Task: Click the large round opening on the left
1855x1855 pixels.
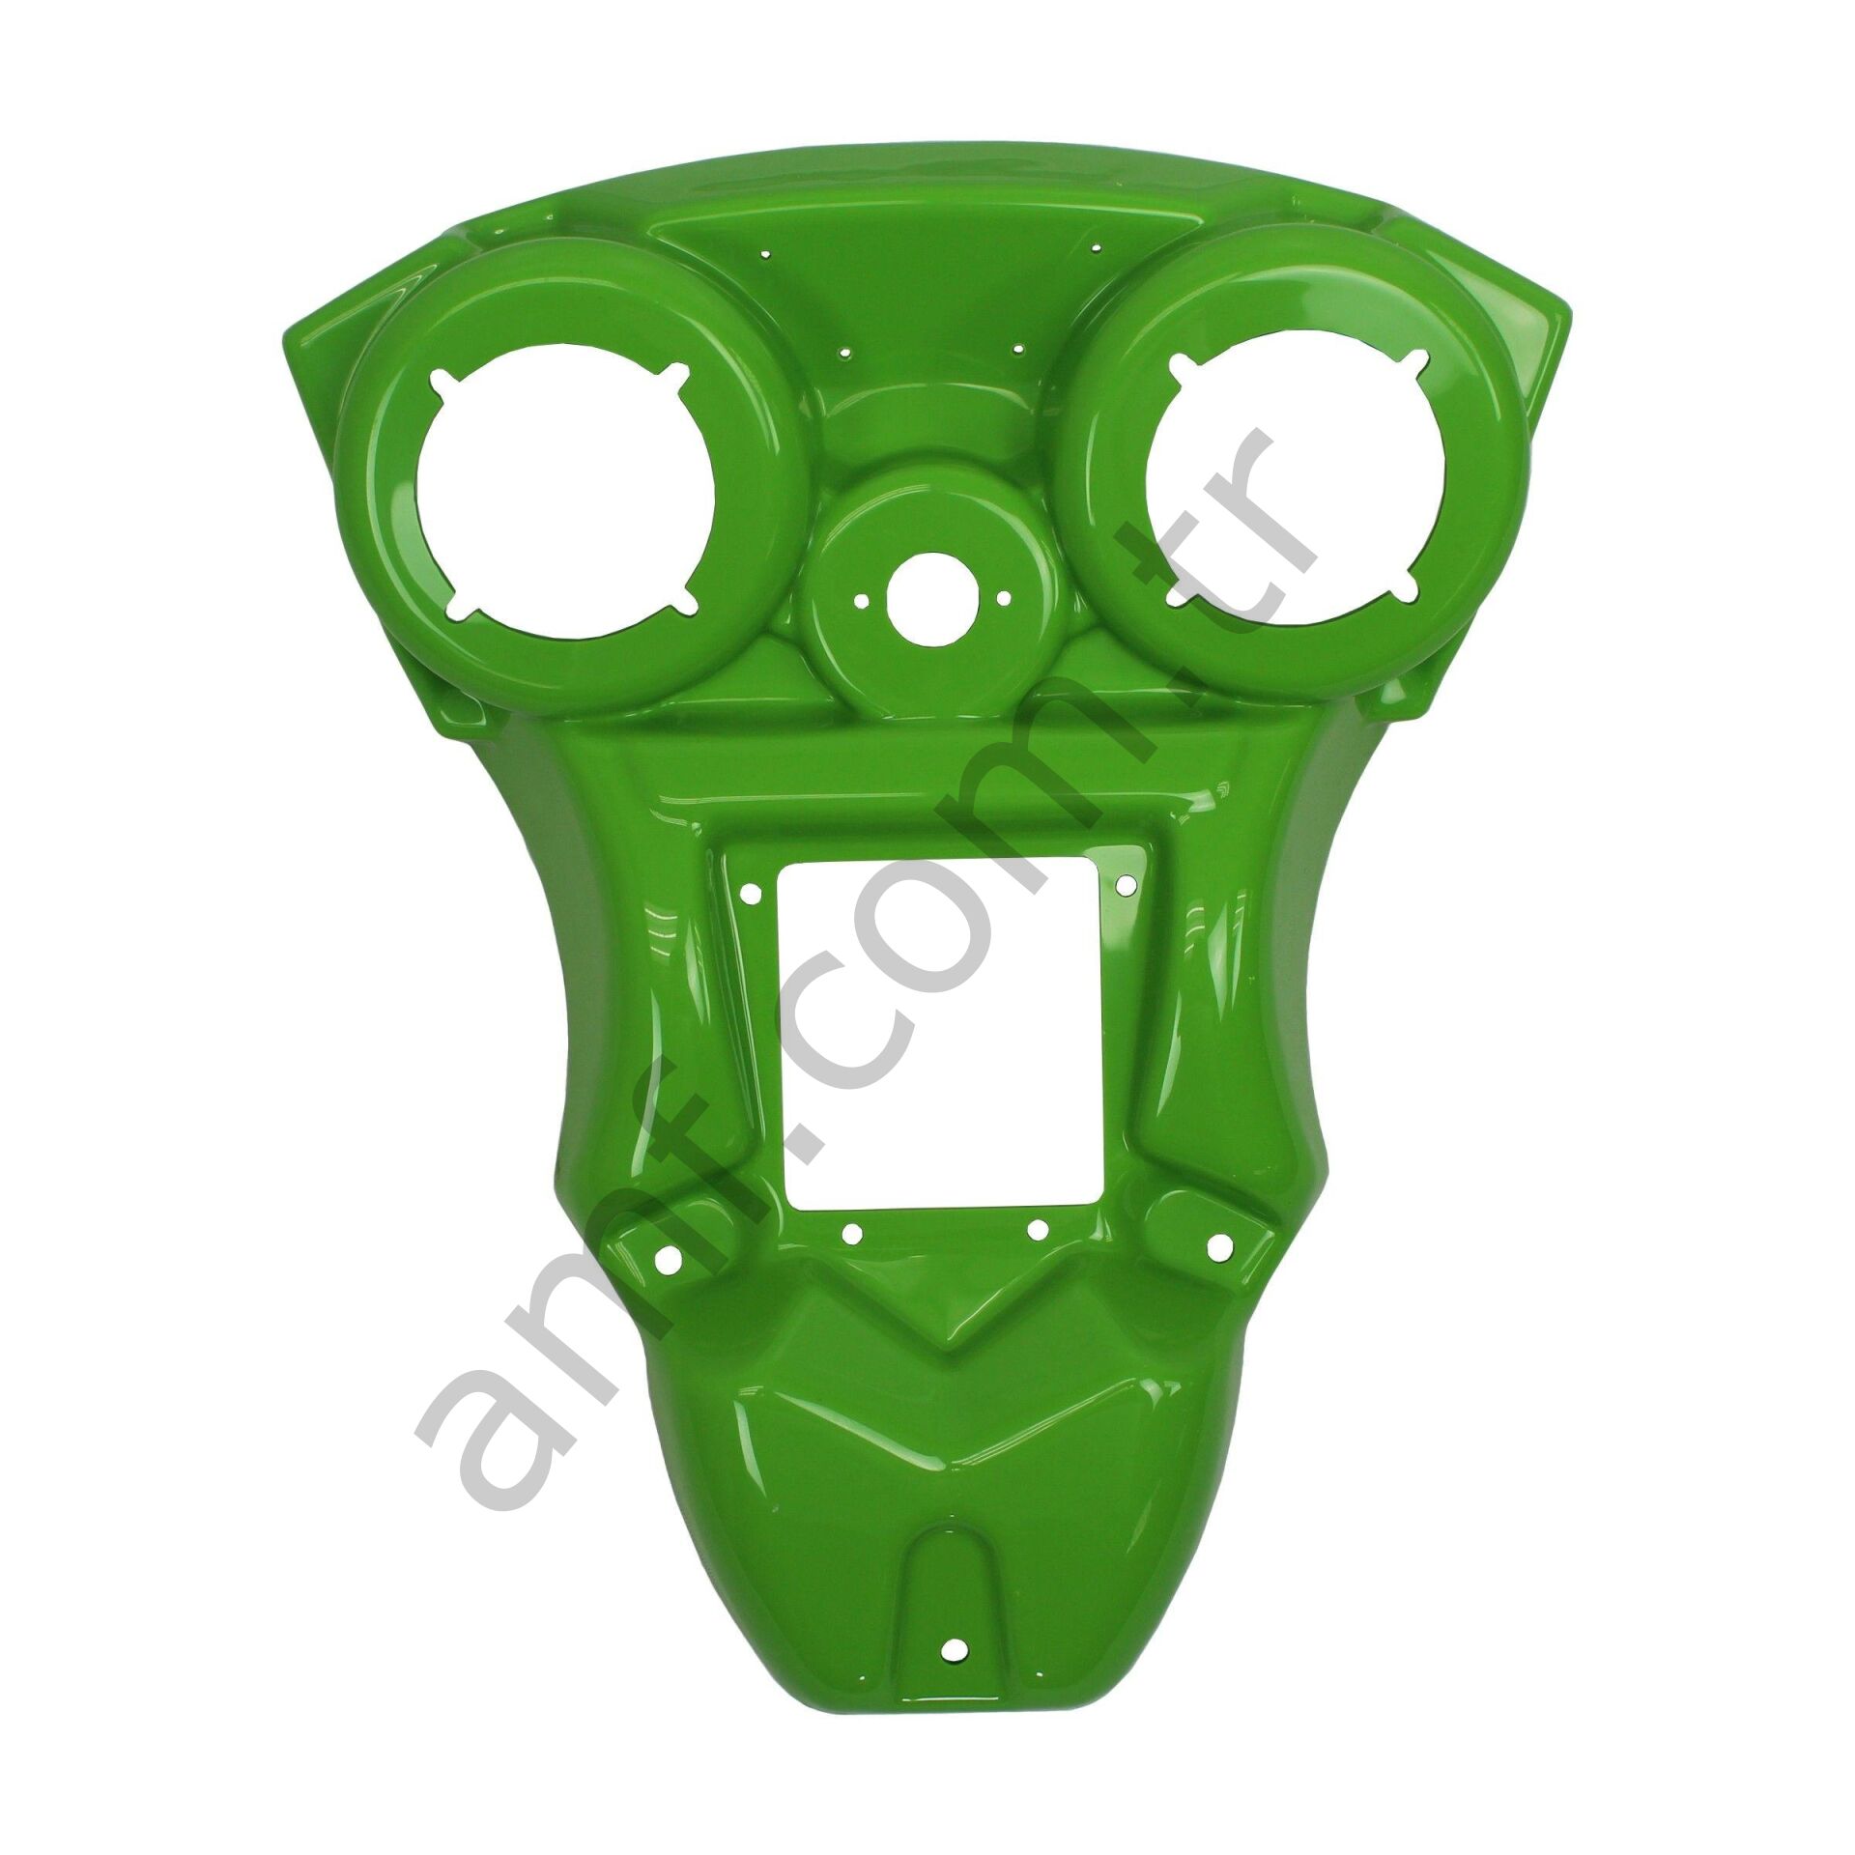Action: click(x=565, y=502)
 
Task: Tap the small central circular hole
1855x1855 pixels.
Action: click(x=927, y=600)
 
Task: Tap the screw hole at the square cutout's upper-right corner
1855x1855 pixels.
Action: click(x=1126, y=885)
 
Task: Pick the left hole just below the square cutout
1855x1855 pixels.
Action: click(x=852, y=1233)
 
